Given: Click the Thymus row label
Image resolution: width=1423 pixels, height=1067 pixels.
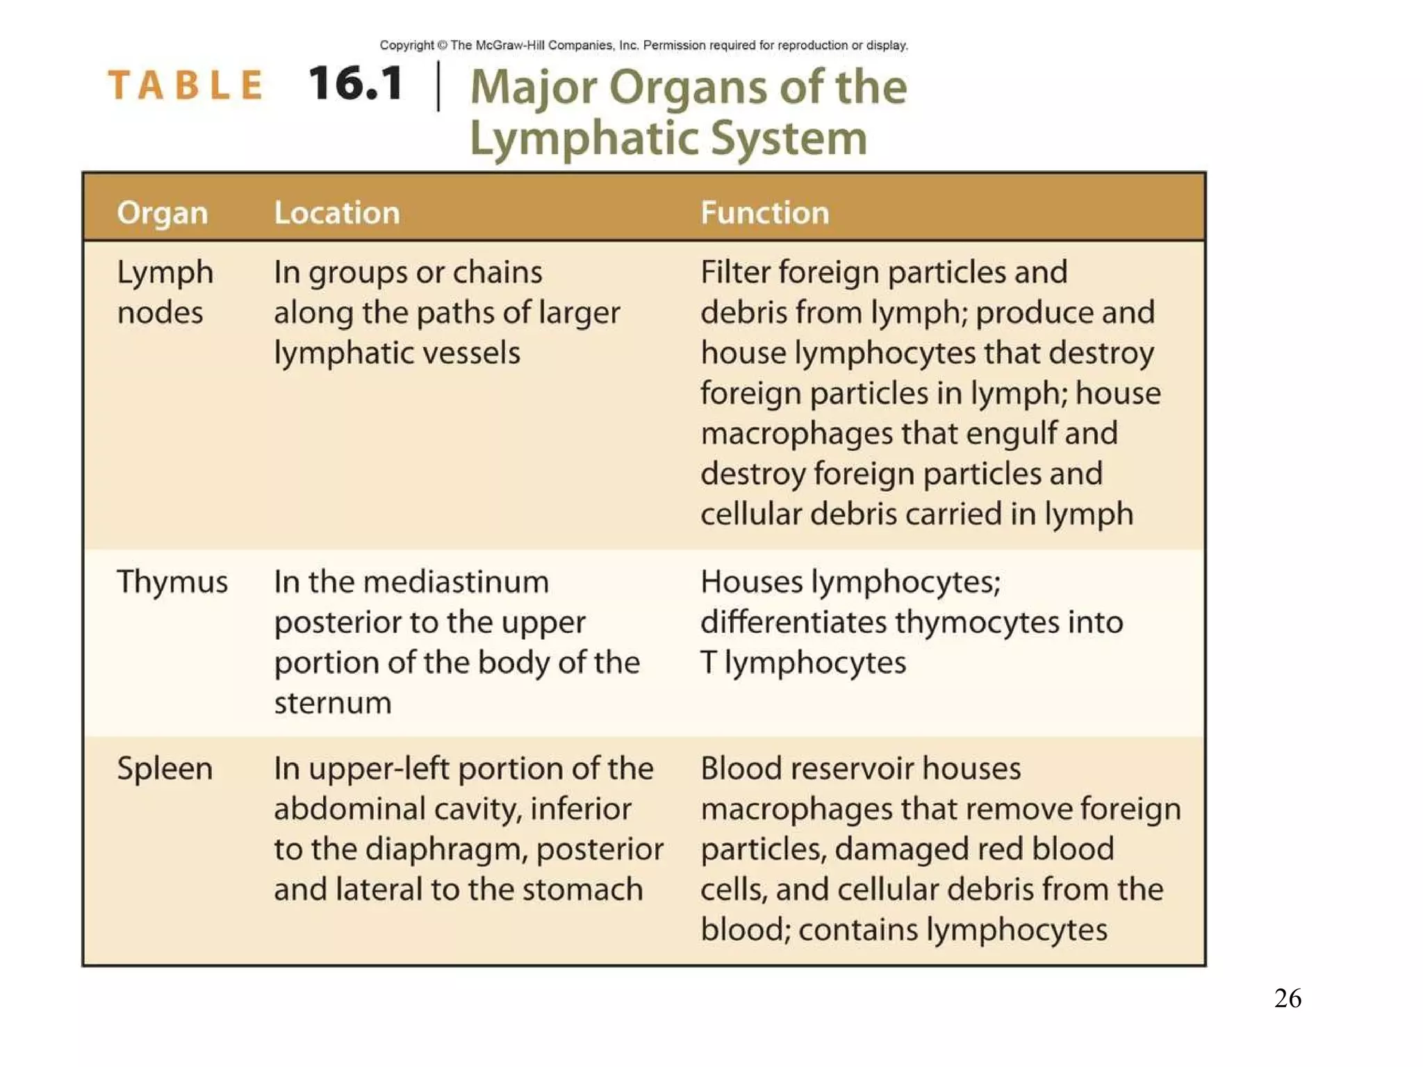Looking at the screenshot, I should (x=172, y=582).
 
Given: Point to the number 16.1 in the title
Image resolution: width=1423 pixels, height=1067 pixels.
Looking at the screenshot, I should (x=356, y=84).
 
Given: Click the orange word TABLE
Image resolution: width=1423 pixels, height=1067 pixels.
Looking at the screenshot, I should (x=186, y=85).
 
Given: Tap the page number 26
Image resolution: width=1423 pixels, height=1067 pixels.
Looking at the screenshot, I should (x=1288, y=998).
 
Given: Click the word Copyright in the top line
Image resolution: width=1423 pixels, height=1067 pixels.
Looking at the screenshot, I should (x=406, y=45).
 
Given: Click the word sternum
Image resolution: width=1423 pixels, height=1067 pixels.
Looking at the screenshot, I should (x=333, y=703).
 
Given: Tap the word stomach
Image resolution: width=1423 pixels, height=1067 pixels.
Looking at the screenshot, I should (x=583, y=890).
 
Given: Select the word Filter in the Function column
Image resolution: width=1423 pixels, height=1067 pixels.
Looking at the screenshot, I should (x=735, y=272).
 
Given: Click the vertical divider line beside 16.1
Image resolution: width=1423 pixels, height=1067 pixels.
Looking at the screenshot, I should (x=438, y=85).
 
